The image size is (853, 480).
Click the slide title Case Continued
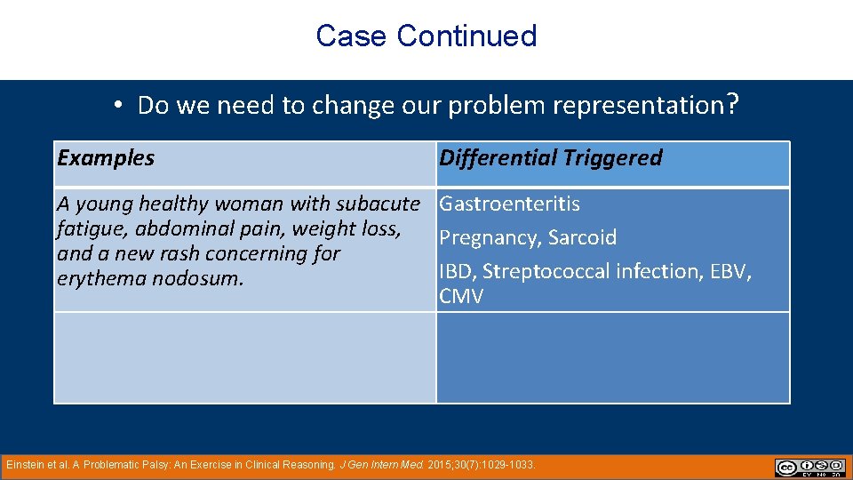tap(426, 36)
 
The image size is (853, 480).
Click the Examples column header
tap(105, 158)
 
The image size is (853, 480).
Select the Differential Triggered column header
tap(551, 158)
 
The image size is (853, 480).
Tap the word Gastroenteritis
tap(510, 204)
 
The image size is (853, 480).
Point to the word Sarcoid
tap(582, 238)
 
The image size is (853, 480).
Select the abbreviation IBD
tap(456, 272)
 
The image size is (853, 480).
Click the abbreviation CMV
tap(461, 297)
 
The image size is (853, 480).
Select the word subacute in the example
tap(378, 204)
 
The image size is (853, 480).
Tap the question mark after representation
tap(731, 105)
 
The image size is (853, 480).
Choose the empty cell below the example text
tap(244, 357)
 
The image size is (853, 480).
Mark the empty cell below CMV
tap(612, 357)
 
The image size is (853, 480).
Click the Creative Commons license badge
tap(809, 467)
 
